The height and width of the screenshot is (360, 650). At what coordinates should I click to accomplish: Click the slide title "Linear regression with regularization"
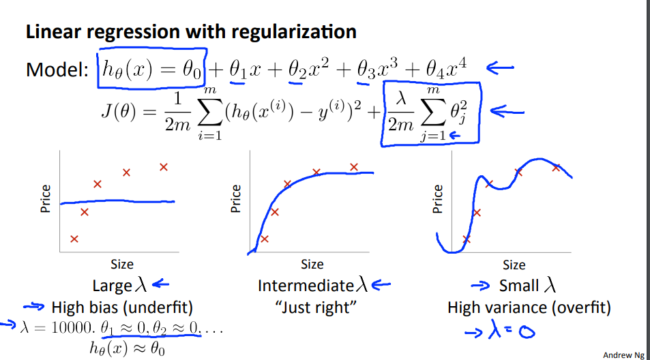tap(190, 31)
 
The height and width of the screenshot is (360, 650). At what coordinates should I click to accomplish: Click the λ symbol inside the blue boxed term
tap(401, 100)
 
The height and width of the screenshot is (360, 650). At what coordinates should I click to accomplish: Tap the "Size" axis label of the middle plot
tap(312, 264)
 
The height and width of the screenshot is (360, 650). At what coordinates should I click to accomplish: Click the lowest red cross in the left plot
tap(74, 239)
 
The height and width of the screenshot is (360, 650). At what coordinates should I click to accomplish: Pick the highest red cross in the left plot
tap(163, 167)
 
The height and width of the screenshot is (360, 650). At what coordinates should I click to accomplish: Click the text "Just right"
tap(316, 307)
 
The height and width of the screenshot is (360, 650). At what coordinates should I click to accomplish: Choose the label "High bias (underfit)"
tap(122, 307)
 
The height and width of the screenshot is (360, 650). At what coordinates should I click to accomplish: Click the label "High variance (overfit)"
tap(529, 307)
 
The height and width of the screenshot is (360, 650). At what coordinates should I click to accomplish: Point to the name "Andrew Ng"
tap(623, 355)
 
